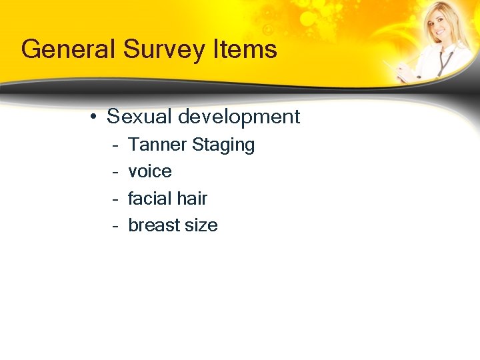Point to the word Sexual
click(x=137, y=117)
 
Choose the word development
click(x=237, y=117)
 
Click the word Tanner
click(x=157, y=145)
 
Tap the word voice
click(x=150, y=171)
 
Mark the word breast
click(x=153, y=225)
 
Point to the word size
click(x=201, y=225)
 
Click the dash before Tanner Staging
click(x=115, y=145)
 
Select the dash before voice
click(x=115, y=172)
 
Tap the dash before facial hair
click(x=115, y=199)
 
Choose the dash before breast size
click(x=115, y=226)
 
